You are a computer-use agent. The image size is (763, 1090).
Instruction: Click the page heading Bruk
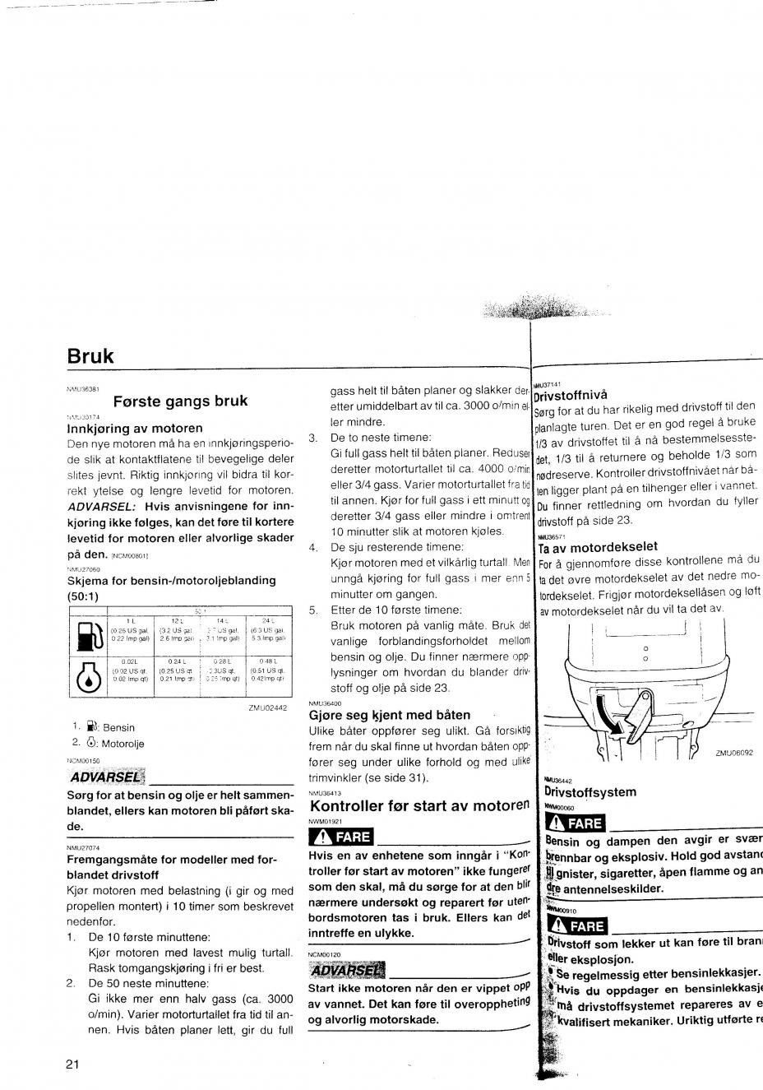coord(90,356)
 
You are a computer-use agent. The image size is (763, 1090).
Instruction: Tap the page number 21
coord(72,1064)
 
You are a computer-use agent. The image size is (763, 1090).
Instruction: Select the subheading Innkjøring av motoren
coord(134,429)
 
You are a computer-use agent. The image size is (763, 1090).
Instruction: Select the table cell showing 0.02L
coord(128,661)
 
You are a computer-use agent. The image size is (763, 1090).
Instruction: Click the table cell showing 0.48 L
coord(267,661)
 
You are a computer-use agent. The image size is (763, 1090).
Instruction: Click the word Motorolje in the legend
coord(123,744)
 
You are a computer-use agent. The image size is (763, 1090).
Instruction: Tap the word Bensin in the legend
coord(118,727)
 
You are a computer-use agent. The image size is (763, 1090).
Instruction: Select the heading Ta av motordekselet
coord(598,547)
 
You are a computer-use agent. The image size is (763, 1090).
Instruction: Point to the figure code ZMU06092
coord(734,752)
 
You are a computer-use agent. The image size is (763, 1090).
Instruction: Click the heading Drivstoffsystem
coord(590,791)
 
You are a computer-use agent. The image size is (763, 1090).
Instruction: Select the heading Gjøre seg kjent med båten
coord(389,715)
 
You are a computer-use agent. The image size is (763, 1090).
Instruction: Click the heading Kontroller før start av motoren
coord(417,805)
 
